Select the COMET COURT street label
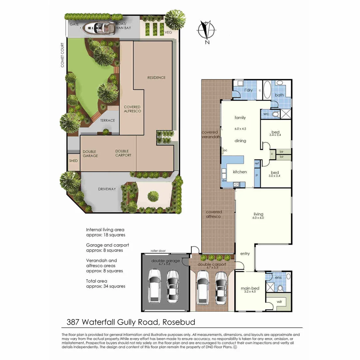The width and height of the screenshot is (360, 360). (62, 55)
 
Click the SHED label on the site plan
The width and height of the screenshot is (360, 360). (73, 161)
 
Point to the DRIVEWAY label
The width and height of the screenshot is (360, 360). (107, 189)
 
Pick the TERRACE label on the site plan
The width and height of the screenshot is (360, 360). (108, 120)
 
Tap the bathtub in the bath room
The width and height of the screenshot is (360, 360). (267, 90)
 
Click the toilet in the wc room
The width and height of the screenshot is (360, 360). (275, 114)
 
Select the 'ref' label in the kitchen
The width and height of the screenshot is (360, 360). (257, 164)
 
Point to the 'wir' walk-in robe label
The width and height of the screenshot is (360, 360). (279, 302)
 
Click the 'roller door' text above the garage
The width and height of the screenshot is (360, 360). (158, 251)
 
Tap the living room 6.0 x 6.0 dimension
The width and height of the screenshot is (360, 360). (258, 218)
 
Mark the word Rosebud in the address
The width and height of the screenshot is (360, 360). (179, 322)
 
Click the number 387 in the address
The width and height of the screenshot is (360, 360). (73, 322)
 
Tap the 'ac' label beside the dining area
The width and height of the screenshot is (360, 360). (225, 150)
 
